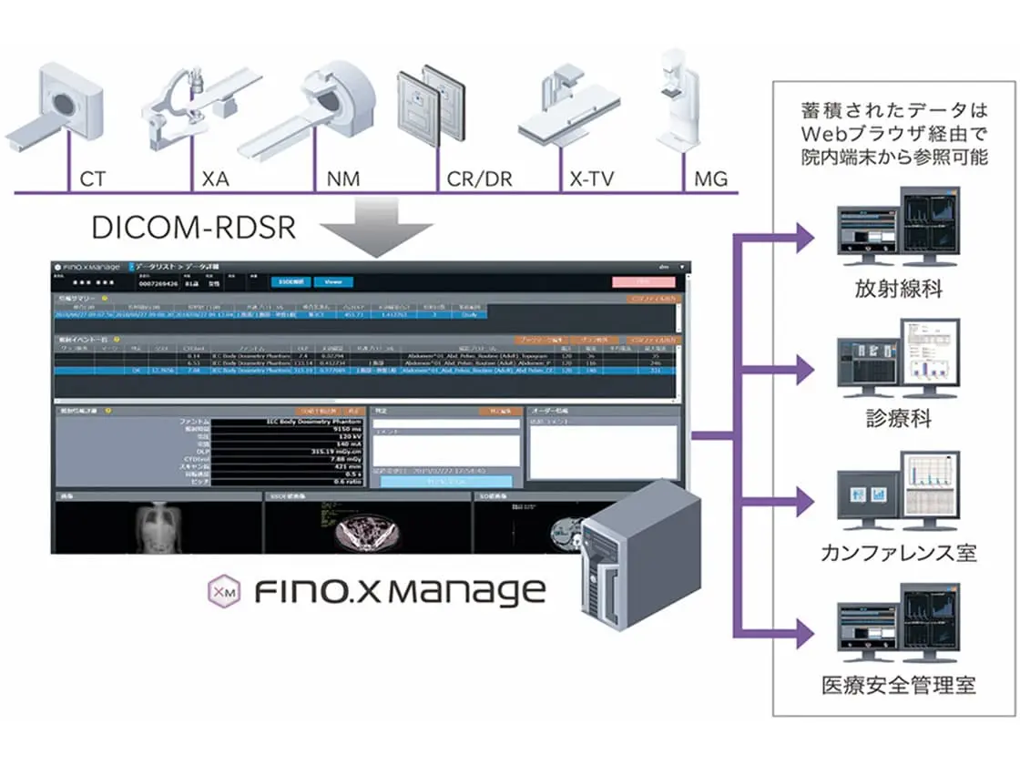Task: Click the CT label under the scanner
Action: (93, 178)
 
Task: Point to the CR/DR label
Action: (479, 178)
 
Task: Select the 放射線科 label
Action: (898, 290)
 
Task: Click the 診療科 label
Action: (898, 420)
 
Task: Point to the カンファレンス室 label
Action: (898, 552)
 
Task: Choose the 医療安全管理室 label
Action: (898, 683)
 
